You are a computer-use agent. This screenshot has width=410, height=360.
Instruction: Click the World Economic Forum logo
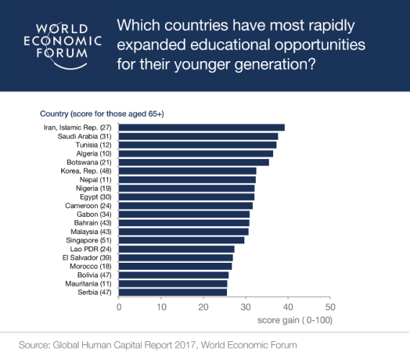tap(62, 45)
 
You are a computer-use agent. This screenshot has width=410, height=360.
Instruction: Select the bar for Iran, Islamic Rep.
tap(202, 127)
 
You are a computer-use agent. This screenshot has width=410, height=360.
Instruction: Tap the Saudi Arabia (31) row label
tap(84, 136)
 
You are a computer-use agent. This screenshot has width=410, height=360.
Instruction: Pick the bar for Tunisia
tap(197, 145)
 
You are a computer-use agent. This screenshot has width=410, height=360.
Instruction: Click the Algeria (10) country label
tap(94, 153)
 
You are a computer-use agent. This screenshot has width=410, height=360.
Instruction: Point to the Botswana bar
tap(194, 162)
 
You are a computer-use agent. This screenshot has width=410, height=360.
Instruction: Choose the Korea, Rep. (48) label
tap(86, 171)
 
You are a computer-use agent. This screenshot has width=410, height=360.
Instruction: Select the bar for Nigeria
tap(187, 189)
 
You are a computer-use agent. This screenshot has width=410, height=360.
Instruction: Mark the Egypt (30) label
tap(95, 197)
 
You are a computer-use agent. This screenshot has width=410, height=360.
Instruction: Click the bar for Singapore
tap(182, 240)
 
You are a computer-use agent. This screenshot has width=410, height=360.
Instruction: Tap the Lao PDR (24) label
tap(91, 249)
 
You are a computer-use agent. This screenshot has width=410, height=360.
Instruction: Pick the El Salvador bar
tap(176, 258)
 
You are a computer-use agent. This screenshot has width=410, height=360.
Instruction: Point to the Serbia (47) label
tap(94, 292)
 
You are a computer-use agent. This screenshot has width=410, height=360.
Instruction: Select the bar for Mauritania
tap(173, 284)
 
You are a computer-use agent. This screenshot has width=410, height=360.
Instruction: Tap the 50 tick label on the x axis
tap(330, 307)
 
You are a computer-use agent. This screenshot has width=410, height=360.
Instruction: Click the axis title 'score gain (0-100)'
tap(295, 320)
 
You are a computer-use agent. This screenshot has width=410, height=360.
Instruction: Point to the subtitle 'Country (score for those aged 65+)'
tap(102, 114)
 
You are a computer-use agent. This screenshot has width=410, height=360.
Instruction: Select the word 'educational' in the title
tap(230, 45)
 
